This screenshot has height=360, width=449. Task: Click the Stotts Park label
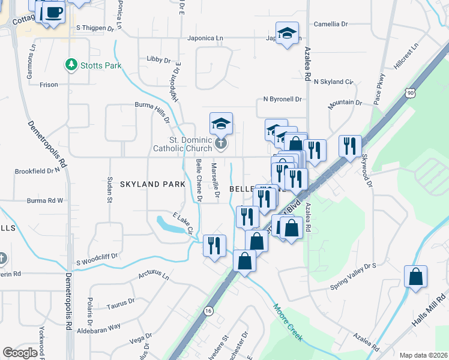tap(101, 65)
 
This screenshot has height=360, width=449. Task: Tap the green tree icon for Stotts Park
tap(71, 64)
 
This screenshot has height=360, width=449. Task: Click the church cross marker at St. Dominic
tap(221, 144)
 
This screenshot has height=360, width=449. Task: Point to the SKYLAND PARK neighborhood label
tap(152, 184)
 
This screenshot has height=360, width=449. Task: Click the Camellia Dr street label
tap(331, 25)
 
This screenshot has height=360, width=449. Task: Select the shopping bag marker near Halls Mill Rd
tap(415, 277)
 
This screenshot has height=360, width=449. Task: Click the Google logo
tap(19, 353)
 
